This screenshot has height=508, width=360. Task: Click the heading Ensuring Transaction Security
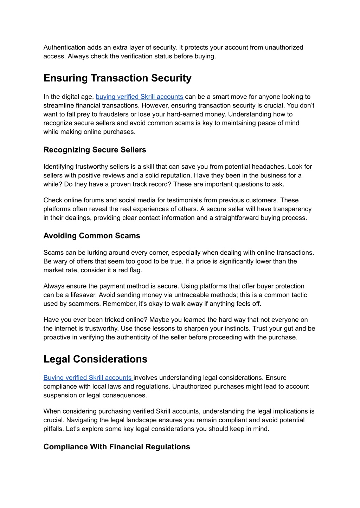pyautogui.click(x=117, y=78)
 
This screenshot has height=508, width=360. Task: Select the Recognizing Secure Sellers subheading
pyautogui.click(x=95, y=150)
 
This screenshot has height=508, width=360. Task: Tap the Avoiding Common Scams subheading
pyautogui.click(x=92, y=236)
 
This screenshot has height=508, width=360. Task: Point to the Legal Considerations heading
pyautogui.click(x=95, y=359)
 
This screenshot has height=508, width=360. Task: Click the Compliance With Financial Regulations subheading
pyautogui.click(x=117, y=447)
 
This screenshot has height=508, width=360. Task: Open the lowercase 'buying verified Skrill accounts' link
pyautogui.click(x=139, y=97)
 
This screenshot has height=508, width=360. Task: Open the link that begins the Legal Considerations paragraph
pyautogui.click(x=88, y=378)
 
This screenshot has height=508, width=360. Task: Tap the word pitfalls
pyautogui.click(x=53, y=429)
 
